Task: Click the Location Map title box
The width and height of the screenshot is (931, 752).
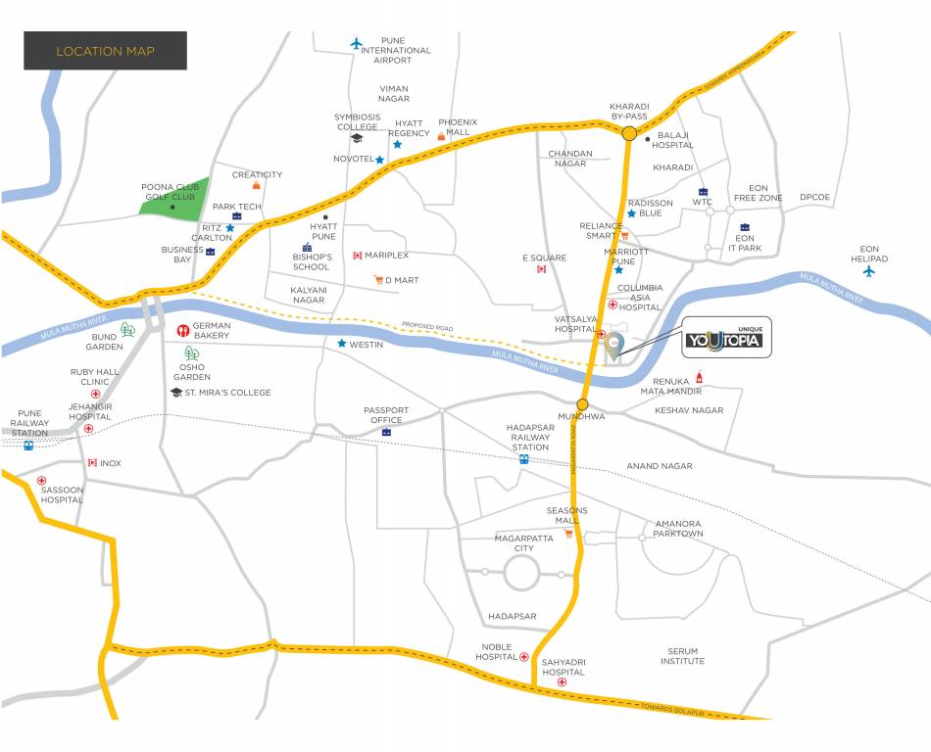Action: coord(105,51)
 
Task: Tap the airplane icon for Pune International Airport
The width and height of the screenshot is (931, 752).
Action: coord(357,43)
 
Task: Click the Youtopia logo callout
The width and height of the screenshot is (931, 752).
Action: coord(726,338)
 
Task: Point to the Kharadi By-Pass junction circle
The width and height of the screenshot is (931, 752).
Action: coord(628,134)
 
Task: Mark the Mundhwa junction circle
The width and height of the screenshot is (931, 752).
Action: coord(582,403)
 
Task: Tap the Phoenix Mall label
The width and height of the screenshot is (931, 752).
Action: coord(458,127)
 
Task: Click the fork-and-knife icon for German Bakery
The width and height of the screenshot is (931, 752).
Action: coord(182,331)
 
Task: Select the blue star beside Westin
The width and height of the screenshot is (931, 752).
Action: coord(341,344)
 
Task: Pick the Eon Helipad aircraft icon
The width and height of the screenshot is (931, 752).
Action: coord(868,271)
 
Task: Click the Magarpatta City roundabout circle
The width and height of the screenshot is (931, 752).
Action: coord(522,574)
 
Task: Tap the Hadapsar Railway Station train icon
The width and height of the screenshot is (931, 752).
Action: coord(523,458)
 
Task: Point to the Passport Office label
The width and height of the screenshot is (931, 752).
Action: coord(385,415)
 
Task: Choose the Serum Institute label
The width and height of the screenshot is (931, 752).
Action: coord(682,656)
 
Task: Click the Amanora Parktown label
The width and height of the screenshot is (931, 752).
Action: coord(678,529)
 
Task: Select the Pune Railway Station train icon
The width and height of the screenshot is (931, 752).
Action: coord(28,445)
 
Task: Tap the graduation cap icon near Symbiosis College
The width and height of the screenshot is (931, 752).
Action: coord(357,138)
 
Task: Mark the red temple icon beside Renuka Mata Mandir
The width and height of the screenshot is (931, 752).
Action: coord(699,377)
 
